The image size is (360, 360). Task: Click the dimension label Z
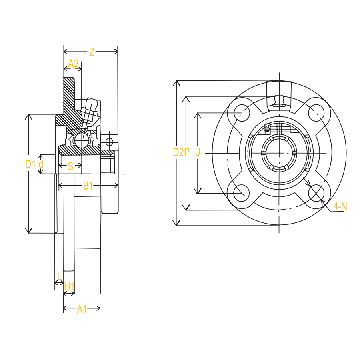pyautogui.click(x=92, y=52)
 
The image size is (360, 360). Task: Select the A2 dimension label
pyautogui.click(x=73, y=63)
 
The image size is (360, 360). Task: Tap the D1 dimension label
pyautogui.click(x=30, y=164)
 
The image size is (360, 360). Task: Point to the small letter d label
pyautogui.click(x=40, y=164)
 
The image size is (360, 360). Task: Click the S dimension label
pyautogui.click(x=70, y=166)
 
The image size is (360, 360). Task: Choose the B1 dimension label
pyautogui.click(x=88, y=186)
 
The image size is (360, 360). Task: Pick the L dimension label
pyautogui.click(x=60, y=276)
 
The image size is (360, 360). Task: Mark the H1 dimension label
pyautogui.click(x=69, y=286)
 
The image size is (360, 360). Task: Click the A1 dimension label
pyautogui.click(x=82, y=309)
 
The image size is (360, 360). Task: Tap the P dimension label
pyautogui.click(x=186, y=152)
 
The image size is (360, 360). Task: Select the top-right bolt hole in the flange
pyautogui.click(x=316, y=112)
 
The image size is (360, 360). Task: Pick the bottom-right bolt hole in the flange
pyautogui.click(x=316, y=193)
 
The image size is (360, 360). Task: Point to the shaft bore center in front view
pyautogui.click(x=278, y=153)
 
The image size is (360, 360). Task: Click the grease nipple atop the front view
pyautogui.click(x=278, y=100)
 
